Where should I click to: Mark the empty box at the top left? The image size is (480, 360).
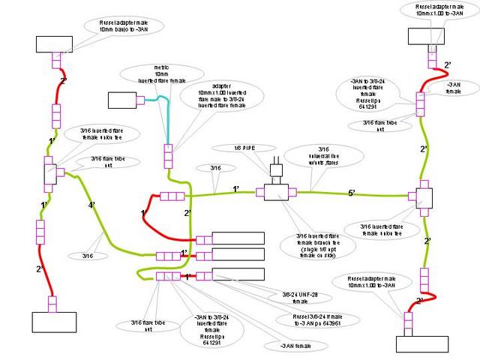click(55, 44)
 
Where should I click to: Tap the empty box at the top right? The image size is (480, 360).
click(427, 37)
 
